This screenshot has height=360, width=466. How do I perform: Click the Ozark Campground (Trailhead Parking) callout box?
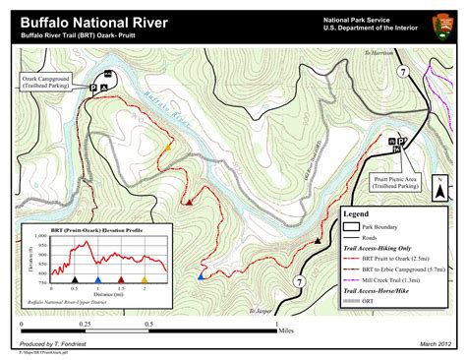[47, 81]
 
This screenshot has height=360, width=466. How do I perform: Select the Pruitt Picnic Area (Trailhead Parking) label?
[394, 181]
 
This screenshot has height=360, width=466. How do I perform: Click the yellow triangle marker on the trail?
[169, 148]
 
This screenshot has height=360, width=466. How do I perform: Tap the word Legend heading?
[355, 213]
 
